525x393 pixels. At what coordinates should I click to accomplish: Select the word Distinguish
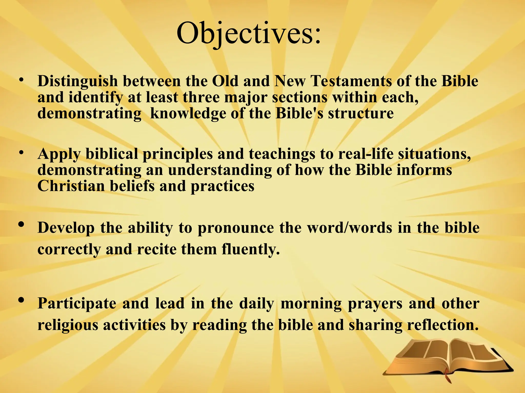(x=77, y=81)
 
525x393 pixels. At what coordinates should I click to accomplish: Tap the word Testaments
(x=351, y=81)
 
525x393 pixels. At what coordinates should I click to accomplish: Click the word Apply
(x=59, y=154)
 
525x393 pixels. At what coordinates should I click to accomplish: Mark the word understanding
(x=220, y=170)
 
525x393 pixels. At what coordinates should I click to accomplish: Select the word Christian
(x=71, y=186)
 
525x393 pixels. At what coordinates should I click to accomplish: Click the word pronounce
(x=236, y=228)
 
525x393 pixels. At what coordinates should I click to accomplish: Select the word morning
(x=311, y=304)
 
